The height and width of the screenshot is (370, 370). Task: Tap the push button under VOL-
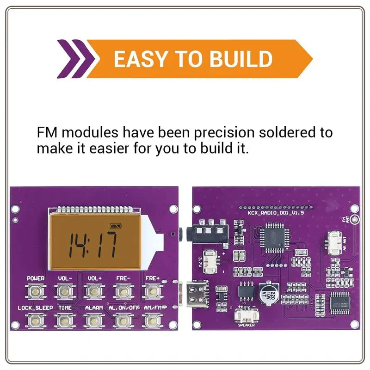64,291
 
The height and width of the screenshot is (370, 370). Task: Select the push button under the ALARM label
94,320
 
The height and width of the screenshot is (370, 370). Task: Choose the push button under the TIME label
64,320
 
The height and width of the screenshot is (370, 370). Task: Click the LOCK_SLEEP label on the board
35,308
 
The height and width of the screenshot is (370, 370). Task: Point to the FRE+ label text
152,279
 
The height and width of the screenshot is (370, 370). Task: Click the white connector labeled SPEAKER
246,315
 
